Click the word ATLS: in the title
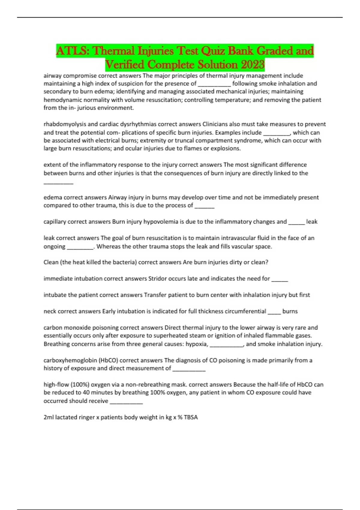[73, 51]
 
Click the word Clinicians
[215, 124]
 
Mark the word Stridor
[159, 278]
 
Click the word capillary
[55, 222]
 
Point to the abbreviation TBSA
[191, 417]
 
